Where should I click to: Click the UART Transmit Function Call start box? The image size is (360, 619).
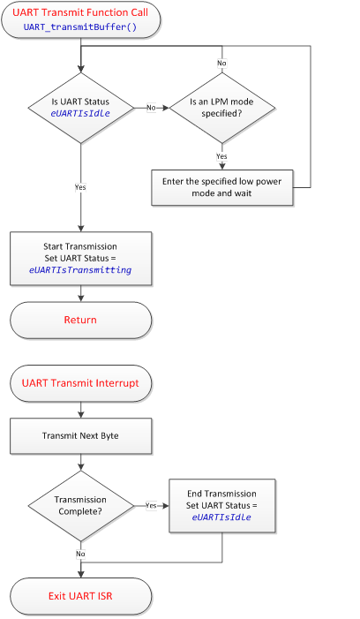(80, 19)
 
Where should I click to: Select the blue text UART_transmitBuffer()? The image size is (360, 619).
(80, 27)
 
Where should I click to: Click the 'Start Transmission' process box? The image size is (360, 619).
(80, 258)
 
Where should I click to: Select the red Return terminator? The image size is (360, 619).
(80, 320)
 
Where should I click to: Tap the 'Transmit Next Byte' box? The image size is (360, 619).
(80, 436)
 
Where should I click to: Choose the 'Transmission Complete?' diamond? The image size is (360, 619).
(80, 506)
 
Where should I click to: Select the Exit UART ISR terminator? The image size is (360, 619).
(80, 596)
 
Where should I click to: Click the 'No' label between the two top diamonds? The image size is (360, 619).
(151, 108)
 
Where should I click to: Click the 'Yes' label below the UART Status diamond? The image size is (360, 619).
(80, 186)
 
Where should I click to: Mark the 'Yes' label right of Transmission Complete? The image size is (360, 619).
(151, 506)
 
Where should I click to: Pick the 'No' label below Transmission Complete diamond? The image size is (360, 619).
(80, 553)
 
